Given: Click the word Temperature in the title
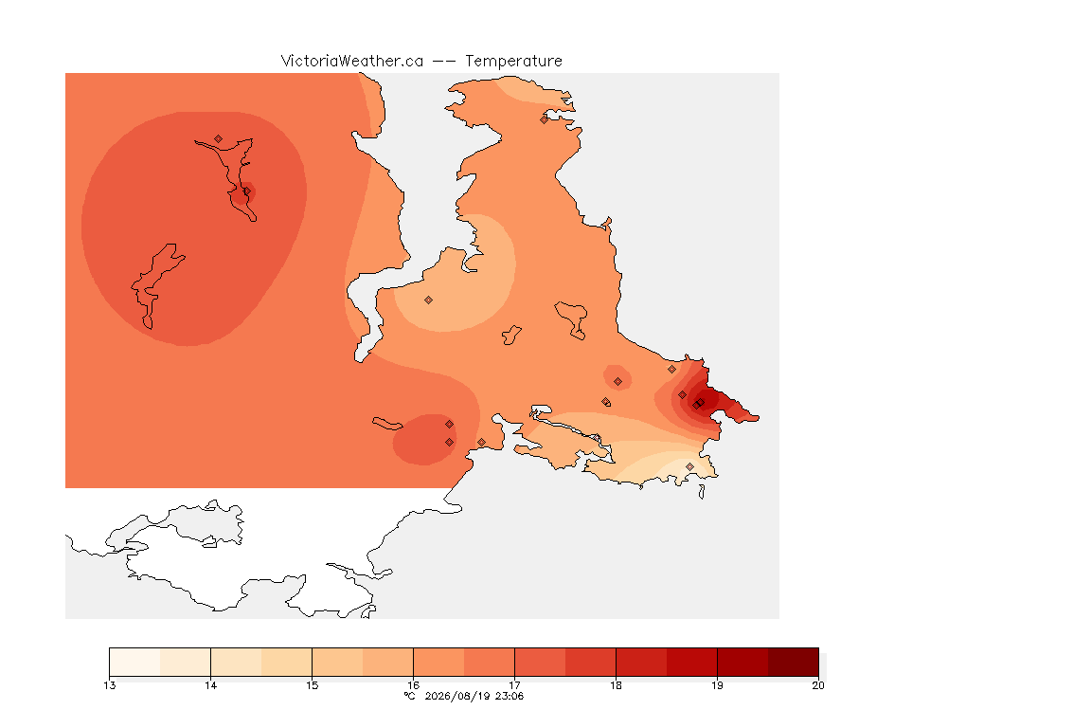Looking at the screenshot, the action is point(513,62).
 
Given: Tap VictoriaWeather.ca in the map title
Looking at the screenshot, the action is point(352,62).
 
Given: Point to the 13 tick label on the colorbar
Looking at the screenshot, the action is point(110,685).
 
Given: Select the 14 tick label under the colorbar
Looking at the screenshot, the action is point(211,685).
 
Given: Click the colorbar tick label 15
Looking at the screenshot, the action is point(312,685).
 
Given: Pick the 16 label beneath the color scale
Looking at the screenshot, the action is point(413,685).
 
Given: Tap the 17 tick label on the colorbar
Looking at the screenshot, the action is point(515,685).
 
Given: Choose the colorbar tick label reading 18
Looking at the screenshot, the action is point(616,685).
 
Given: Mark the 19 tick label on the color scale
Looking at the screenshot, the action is point(717,685).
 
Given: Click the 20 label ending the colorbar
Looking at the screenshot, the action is point(818,685).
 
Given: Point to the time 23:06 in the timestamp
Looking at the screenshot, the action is point(510,696).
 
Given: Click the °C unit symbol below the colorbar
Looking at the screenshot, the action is point(410,696).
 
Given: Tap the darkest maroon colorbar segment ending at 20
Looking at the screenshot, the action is point(794,662).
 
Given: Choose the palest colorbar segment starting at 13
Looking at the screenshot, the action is point(135,662).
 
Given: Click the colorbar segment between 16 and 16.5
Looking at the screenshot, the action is point(439,662).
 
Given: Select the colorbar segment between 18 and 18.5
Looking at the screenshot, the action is point(641,662).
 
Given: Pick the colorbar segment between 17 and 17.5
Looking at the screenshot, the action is point(540,662).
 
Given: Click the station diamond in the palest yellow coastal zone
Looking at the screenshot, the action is point(689,466).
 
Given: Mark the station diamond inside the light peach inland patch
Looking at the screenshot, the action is point(429,300).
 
